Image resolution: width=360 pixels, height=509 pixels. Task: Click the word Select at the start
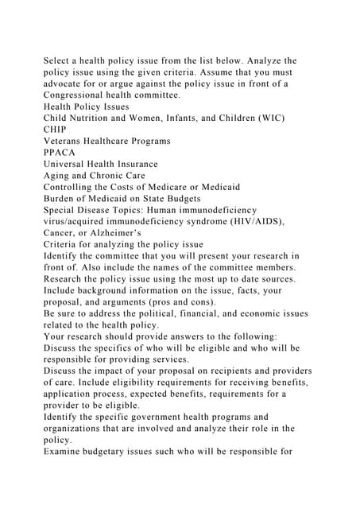[x=60, y=60]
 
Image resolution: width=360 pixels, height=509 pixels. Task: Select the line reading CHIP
[x=55, y=130]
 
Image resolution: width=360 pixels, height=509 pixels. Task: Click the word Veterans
[x=68, y=141]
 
